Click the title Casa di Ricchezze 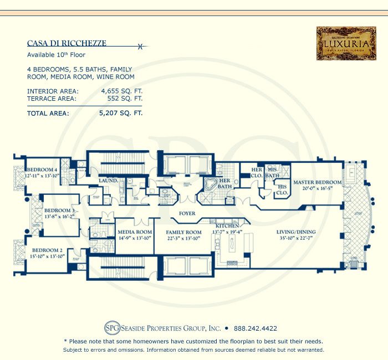click(x=67, y=43)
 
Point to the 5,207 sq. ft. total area click(x=121, y=113)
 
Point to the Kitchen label click(x=227, y=226)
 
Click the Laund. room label click(x=108, y=181)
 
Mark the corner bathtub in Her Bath click(x=212, y=184)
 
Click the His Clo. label click(x=282, y=190)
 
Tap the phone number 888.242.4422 click(x=256, y=328)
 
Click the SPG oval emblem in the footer click(x=111, y=328)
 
